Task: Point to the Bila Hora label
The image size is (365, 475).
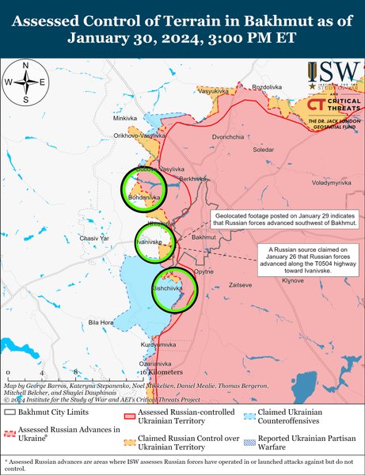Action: click(x=101, y=322)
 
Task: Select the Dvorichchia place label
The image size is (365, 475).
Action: click(x=228, y=136)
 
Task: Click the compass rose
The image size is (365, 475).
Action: click(x=26, y=82)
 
